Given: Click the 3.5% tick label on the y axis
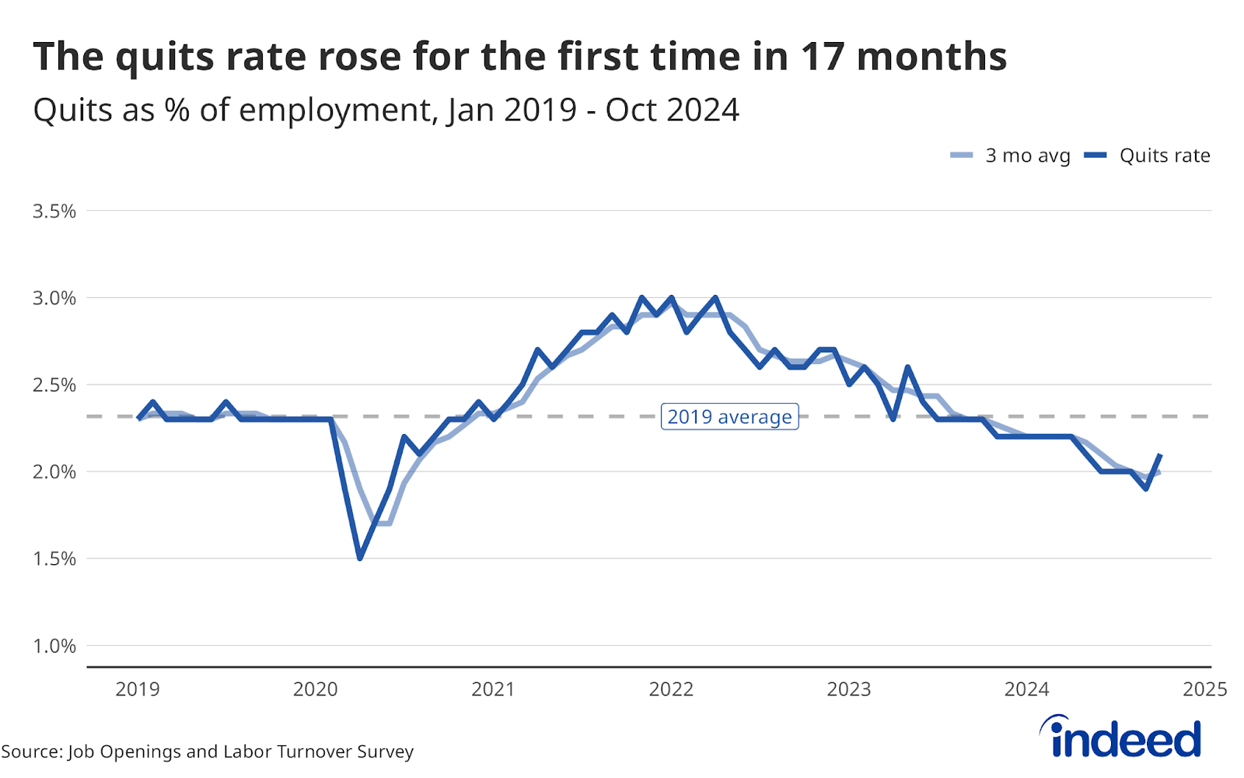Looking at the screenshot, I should pyautogui.click(x=54, y=211).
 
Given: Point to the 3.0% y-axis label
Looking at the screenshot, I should pyautogui.click(x=54, y=298).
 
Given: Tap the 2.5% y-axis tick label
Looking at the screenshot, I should pyautogui.click(x=54, y=385).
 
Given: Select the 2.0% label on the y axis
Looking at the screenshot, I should pyautogui.click(x=54, y=472).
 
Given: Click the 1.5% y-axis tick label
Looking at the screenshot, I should pyautogui.click(x=54, y=559).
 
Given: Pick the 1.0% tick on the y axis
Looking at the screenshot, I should pyautogui.click(x=54, y=646).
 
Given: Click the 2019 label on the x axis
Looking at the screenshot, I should pyautogui.click(x=138, y=689).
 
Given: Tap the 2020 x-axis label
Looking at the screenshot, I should pyautogui.click(x=315, y=689).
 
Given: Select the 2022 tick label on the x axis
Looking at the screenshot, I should pyautogui.click(x=671, y=689).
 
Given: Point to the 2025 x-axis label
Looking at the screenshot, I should pyautogui.click(x=1204, y=689).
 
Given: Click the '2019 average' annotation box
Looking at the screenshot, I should pyautogui.click(x=729, y=417).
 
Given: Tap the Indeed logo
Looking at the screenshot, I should pyautogui.click(x=1120, y=737).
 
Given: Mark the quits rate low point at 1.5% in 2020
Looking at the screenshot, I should pyautogui.click(x=360, y=558).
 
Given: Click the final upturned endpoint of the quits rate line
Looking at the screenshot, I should pyautogui.click(x=1161, y=454).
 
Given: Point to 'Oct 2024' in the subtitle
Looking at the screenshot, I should pyautogui.click(x=672, y=110).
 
